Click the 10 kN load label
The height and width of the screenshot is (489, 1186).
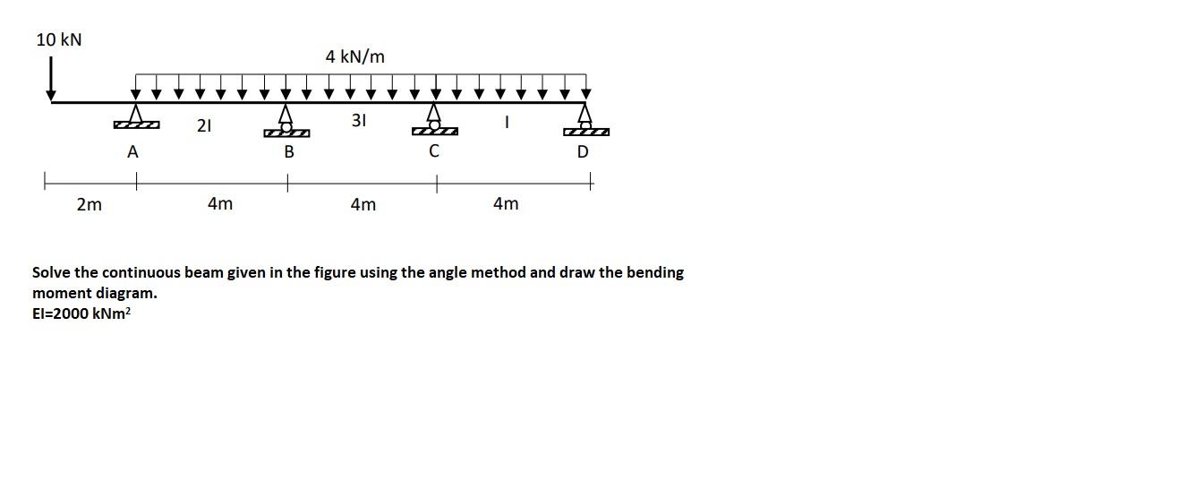[x=58, y=39]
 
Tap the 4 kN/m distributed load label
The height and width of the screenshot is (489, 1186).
[x=355, y=56]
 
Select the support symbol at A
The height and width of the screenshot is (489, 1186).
[x=136, y=117]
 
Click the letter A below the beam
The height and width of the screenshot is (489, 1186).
[x=132, y=152]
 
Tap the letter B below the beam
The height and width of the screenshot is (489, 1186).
[x=288, y=152]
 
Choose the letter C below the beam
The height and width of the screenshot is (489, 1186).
[x=434, y=151]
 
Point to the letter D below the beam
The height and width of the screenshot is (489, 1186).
[x=583, y=152]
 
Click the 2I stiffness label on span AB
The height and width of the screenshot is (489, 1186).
[x=204, y=126]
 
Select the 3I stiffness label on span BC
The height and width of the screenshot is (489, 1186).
[x=358, y=120]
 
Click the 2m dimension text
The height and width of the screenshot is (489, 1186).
[x=89, y=204]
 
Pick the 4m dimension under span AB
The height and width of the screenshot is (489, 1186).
[x=219, y=203]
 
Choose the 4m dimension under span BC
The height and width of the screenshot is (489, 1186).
[x=363, y=204]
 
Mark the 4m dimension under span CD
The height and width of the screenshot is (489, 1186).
[x=506, y=203]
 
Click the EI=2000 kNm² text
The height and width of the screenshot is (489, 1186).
[x=81, y=313]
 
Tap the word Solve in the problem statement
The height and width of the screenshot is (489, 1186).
[x=51, y=272]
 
